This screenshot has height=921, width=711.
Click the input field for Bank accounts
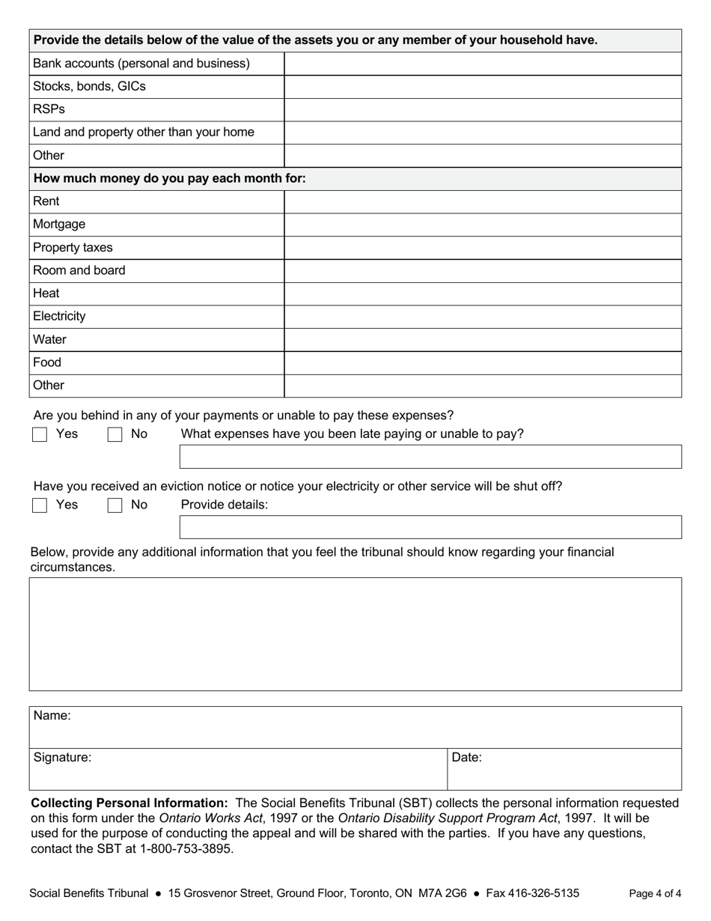(x=483, y=64)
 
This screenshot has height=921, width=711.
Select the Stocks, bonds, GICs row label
(x=89, y=86)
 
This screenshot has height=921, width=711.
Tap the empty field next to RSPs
(x=483, y=109)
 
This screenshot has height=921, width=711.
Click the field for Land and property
(x=483, y=133)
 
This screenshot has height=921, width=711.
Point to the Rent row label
(x=46, y=201)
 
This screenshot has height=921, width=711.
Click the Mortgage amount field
(x=483, y=225)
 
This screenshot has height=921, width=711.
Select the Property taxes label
(x=73, y=248)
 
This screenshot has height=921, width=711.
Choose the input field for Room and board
(x=483, y=270)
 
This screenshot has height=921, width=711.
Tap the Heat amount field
(x=483, y=294)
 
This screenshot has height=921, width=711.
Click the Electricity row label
(x=59, y=317)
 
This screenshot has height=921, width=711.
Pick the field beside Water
(x=483, y=340)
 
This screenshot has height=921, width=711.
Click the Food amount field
(x=483, y=362)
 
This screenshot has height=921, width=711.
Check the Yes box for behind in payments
(x=40, y=434)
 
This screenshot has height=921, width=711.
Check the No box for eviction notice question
(x=115, y=505)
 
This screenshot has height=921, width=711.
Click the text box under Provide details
(x=430, y=527)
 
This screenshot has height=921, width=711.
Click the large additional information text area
(x=355, y=633)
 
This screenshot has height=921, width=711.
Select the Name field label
(x=52, y=716)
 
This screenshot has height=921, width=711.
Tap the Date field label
(x=466, y=758)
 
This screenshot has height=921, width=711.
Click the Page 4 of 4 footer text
(x=655, y=893)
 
